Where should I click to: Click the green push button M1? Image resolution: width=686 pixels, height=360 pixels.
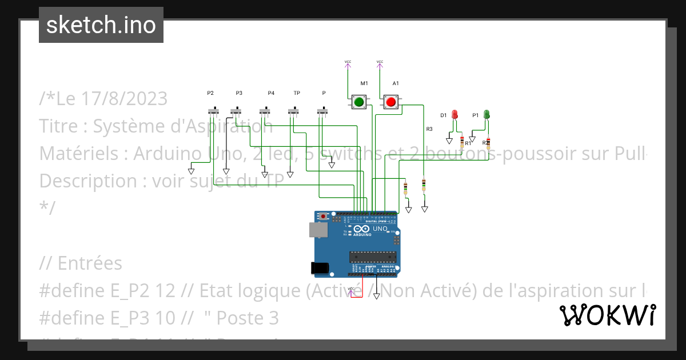359,102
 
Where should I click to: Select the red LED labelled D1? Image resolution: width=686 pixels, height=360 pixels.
455,114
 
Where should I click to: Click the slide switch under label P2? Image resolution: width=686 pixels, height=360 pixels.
213,110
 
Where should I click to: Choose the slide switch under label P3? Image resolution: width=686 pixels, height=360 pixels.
236,110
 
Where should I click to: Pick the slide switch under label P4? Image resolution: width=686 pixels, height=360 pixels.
264,110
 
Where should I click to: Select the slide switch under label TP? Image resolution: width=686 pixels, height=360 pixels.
294,110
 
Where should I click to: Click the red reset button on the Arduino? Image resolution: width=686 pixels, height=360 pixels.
324,217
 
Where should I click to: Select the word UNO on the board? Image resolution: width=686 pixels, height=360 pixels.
380,229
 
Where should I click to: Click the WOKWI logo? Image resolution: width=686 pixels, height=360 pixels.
608,315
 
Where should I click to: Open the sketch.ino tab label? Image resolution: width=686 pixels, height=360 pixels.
101,25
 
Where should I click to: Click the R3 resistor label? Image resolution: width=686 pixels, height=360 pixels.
429,129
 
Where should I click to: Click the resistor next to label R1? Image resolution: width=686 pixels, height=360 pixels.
462,142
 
